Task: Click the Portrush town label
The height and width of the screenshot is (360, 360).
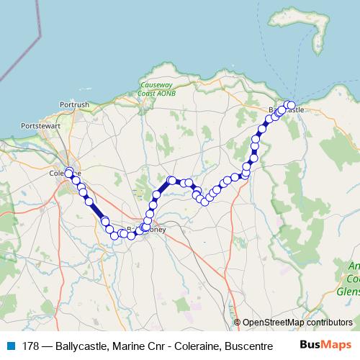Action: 75,104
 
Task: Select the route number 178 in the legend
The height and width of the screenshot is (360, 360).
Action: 31,346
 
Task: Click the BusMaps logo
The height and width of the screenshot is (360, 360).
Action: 325,345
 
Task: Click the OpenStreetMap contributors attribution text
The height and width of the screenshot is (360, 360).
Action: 297,323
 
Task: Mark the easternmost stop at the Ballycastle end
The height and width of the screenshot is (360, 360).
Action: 291,106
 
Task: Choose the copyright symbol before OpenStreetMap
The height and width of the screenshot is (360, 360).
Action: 237,323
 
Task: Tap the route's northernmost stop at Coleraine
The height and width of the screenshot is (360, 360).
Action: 69,171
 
